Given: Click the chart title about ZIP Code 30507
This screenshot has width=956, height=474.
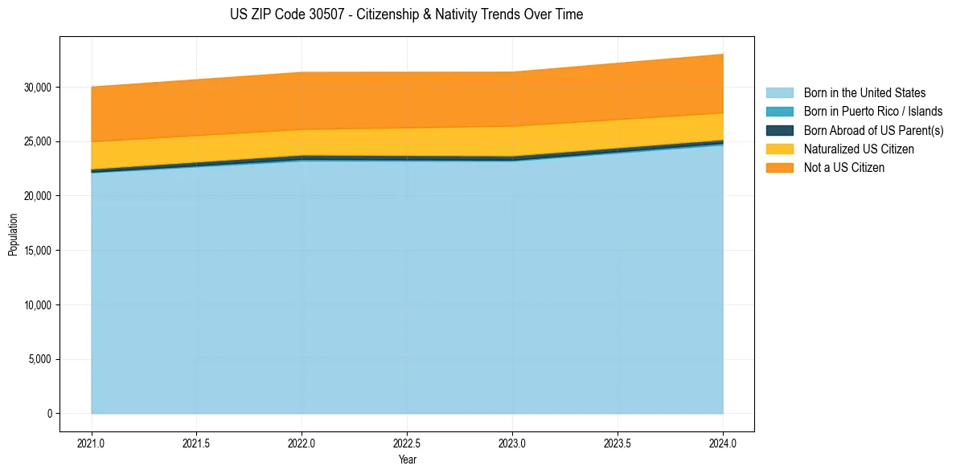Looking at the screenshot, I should (x=406, y=14).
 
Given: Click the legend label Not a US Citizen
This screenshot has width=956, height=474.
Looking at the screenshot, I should (x=843, y=168).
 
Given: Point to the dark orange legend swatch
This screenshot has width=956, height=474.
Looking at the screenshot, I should (x=779, y=168).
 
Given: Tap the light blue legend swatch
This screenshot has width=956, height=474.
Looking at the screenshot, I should (x=779, y=93).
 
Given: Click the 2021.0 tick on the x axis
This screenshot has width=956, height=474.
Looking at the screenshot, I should (x=92, y=443).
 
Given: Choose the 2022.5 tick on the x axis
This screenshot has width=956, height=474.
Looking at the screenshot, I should (x=407, y=443).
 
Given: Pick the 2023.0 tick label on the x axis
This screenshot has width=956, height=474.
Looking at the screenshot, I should (x=512, y=443).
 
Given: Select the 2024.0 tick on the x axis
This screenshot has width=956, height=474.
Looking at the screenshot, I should (x=723, y=443).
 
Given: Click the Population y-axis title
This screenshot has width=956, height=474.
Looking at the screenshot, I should (x=13, y=235).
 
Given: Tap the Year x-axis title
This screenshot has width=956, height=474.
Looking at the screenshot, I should (x=407, y=460).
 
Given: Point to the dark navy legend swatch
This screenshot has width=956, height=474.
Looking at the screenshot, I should (x=779, y=130).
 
